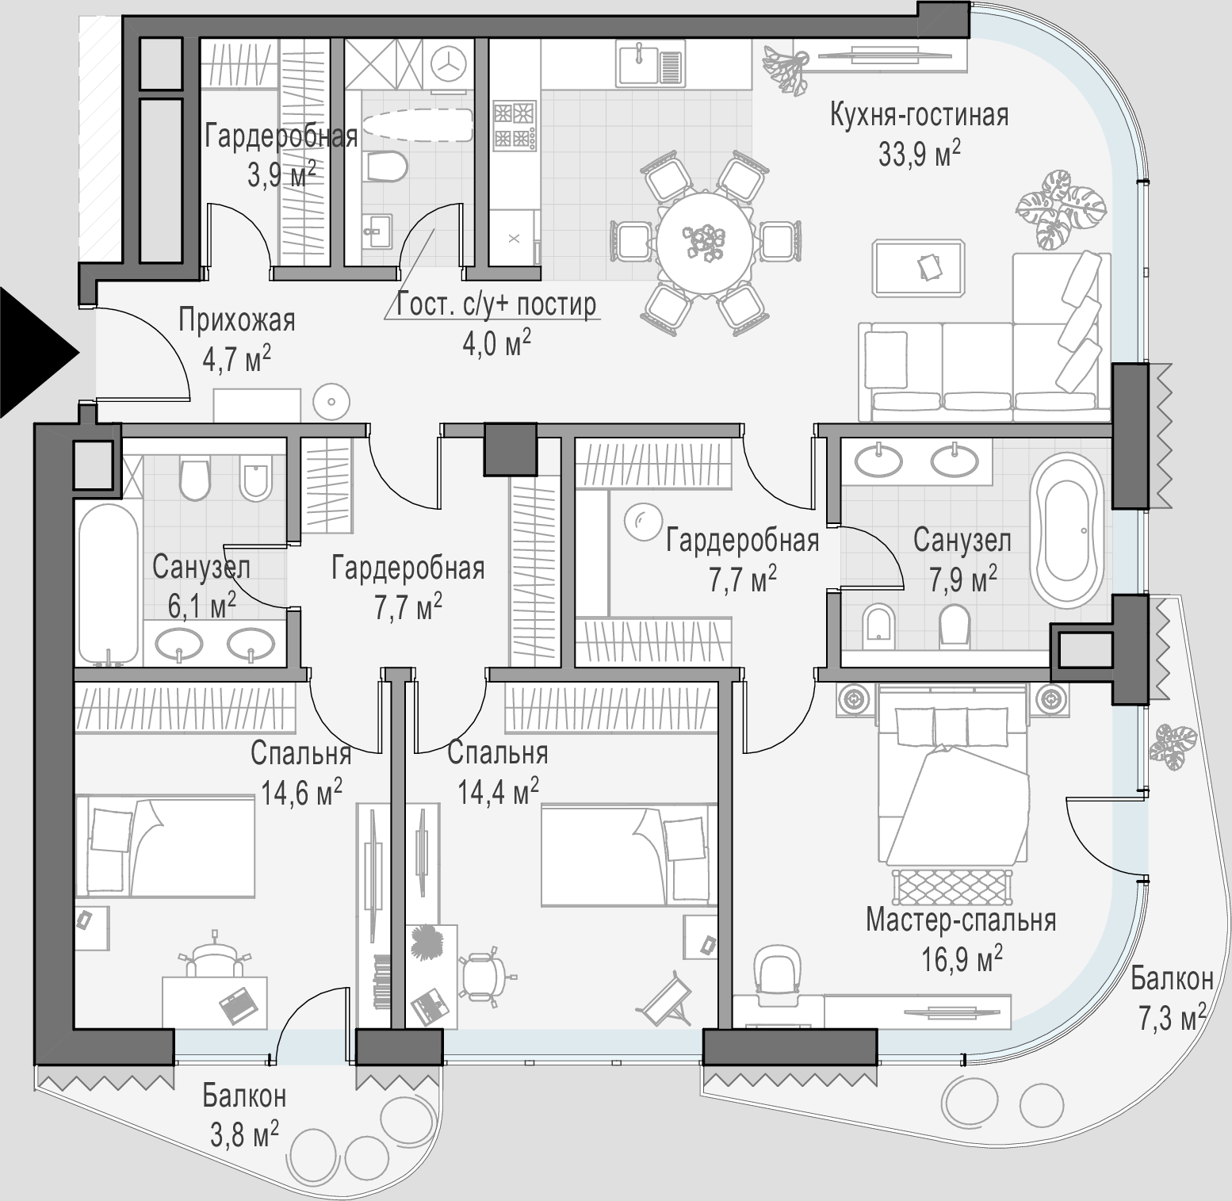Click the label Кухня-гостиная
[919, 116]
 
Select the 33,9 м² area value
[919, 153]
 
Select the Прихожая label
[236, 321]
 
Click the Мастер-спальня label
[960, 920]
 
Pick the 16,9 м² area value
[961, 958]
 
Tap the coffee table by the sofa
[919, 268]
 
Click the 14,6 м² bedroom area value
[301, 790]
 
